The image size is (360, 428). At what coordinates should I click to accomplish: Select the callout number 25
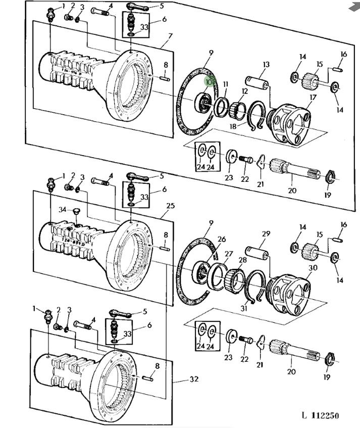click(170, 206)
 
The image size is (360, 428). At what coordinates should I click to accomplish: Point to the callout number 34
click(62, 209)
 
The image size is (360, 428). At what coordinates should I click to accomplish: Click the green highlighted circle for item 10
click(210, 81)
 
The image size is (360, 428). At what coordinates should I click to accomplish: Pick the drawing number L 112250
click(320, 415)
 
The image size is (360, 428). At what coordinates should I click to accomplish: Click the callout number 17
click(313, 97)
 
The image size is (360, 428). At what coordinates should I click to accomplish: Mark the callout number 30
click(313, 268)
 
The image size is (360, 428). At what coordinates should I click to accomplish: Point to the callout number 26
click(221, 239)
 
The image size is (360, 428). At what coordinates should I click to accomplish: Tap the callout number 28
click(243, 260)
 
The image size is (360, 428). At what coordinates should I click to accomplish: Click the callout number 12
click(244, 91)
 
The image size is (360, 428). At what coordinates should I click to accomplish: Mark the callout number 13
click(266, 64)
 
